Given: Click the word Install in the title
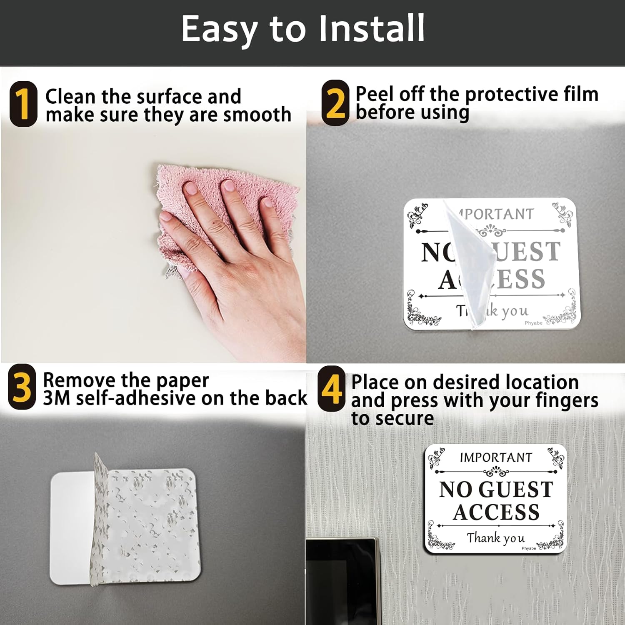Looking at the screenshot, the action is pos(372,28).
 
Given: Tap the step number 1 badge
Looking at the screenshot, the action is pos(23,104).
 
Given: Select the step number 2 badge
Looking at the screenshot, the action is pos(335,102).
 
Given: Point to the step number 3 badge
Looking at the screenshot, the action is pos(22,387).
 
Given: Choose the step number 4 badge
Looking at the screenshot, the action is pos(332,388).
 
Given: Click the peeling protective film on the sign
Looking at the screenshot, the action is pos(469,262).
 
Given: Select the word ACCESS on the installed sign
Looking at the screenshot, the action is pos(496,512).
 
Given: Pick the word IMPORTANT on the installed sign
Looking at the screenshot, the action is pos(496,457).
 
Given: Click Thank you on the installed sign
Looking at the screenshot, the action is pos(495,538).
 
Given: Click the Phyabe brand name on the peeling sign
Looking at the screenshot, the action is pos(533,323).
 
